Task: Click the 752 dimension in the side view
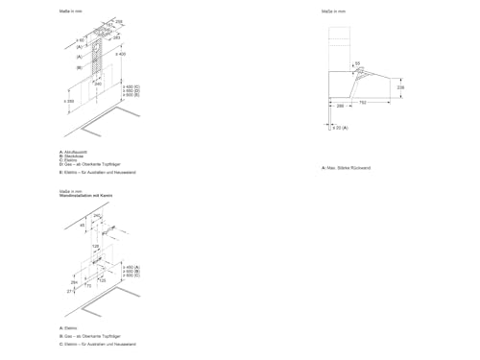363,102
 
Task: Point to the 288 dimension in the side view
342,108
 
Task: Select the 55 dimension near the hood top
358,63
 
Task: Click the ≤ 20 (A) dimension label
339,127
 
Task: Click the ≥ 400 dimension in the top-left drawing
120,55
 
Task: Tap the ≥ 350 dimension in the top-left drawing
70,100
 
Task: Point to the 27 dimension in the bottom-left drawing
70,291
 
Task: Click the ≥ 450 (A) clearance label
132,264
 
